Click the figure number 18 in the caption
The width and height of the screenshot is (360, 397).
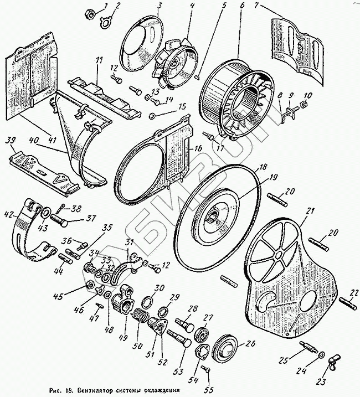point(69,389)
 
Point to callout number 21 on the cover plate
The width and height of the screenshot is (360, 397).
point(310,210)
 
